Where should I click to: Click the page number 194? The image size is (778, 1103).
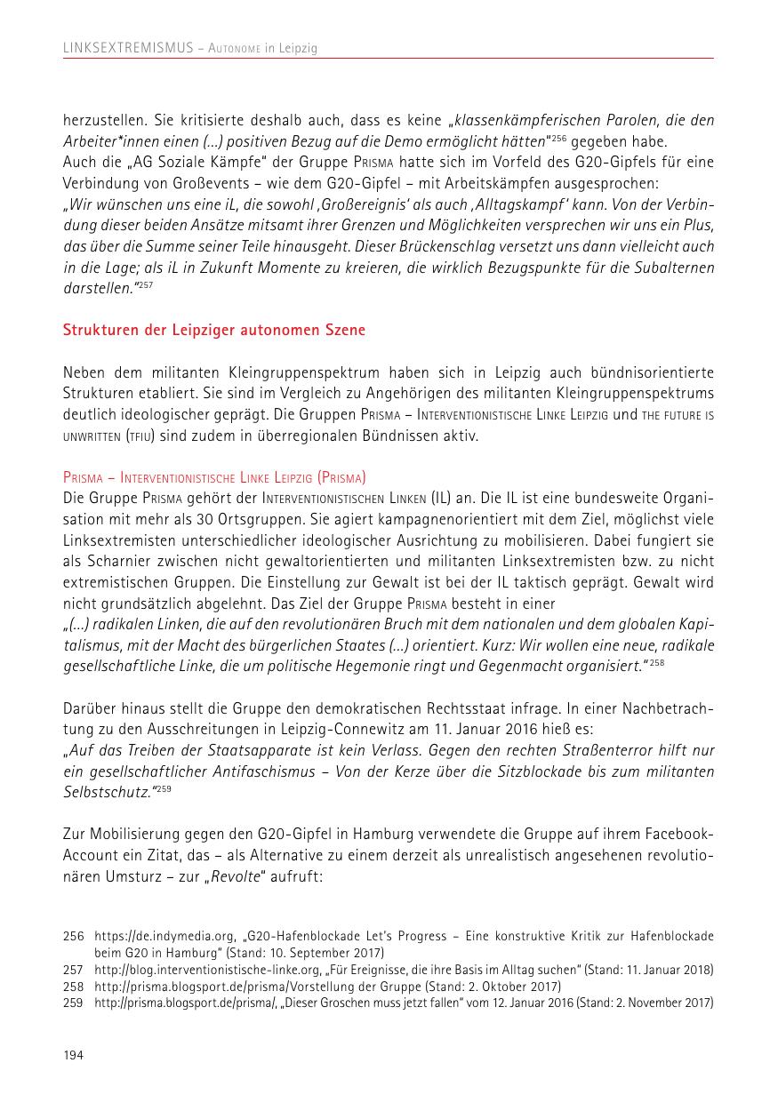coord(73,1055)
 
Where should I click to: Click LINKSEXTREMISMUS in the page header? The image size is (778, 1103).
coord(128,49)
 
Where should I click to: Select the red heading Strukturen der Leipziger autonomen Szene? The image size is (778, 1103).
coord(213,330)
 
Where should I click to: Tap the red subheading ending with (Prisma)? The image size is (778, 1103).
coord(214,476)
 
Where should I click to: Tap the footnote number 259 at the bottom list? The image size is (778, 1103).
coord(73,1003)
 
